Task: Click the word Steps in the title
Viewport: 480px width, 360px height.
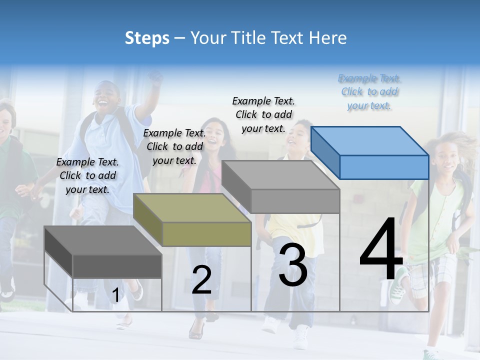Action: pos(147,38)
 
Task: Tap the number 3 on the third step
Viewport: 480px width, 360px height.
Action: pos(293,265)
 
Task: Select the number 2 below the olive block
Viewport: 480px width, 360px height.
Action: pos(201,280)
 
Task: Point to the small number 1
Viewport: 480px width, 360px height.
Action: pos(115,295)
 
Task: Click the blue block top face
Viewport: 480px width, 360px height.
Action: pos(370,141)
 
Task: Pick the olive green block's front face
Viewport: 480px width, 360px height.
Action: pos(206,234)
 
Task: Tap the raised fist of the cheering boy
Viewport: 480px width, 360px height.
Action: pos(155,78)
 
